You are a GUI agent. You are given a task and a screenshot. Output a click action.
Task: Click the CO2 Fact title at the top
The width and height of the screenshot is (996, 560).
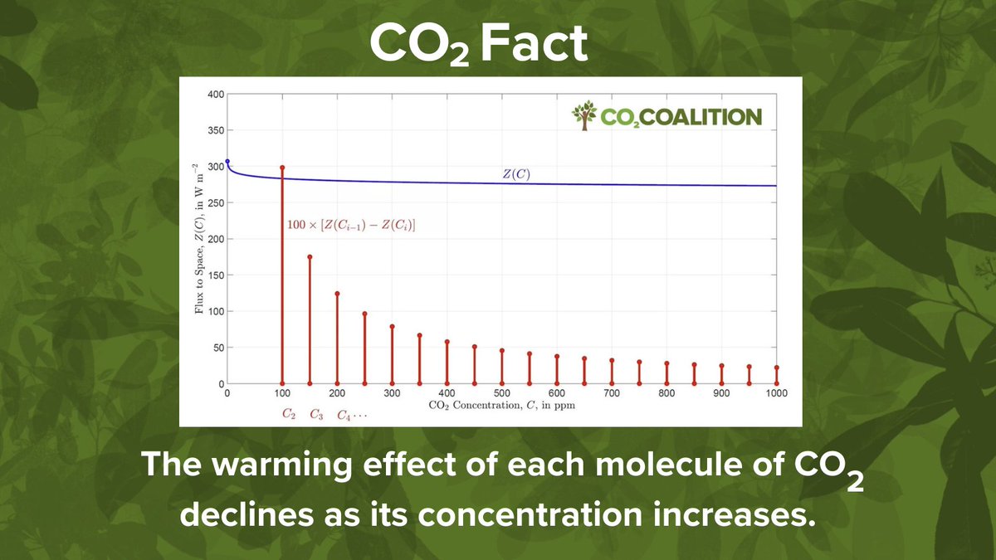(478, 46)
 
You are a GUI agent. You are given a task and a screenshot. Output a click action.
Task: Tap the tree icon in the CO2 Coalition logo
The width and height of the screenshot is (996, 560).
(584, 116)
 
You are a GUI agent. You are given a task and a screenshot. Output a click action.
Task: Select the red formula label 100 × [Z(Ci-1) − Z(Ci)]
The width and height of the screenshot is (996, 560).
(350, 224)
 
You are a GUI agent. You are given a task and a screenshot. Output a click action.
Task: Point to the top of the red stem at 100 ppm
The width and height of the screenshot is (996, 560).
(282, 168)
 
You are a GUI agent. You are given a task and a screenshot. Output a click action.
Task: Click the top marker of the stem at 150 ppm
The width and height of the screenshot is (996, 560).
(310, 257)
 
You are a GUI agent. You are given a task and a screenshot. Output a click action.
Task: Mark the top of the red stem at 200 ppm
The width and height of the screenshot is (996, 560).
(337, 294)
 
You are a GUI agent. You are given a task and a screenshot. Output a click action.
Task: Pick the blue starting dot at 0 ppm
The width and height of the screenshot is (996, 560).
(227, 162)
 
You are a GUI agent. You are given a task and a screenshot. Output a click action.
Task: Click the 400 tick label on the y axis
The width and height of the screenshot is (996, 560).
(214, 95)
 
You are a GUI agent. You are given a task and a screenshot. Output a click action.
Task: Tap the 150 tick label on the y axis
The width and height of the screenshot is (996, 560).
(214, 275)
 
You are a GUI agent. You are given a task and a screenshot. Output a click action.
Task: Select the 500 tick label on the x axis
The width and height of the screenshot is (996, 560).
(501, 393)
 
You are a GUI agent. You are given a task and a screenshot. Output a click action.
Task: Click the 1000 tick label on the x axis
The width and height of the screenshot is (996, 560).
(776, 393)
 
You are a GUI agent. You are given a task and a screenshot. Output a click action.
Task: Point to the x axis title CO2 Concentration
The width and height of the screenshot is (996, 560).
(501, 407)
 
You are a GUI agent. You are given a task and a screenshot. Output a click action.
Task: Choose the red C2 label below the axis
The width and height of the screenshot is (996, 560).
(288, 414)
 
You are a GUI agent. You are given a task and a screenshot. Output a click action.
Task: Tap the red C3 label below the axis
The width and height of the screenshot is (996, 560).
(316, 414)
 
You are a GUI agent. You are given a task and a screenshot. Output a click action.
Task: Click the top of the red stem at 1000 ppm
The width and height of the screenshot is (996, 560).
(776, 368)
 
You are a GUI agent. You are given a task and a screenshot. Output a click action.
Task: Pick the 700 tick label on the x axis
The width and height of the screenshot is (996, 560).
(612, 393)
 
